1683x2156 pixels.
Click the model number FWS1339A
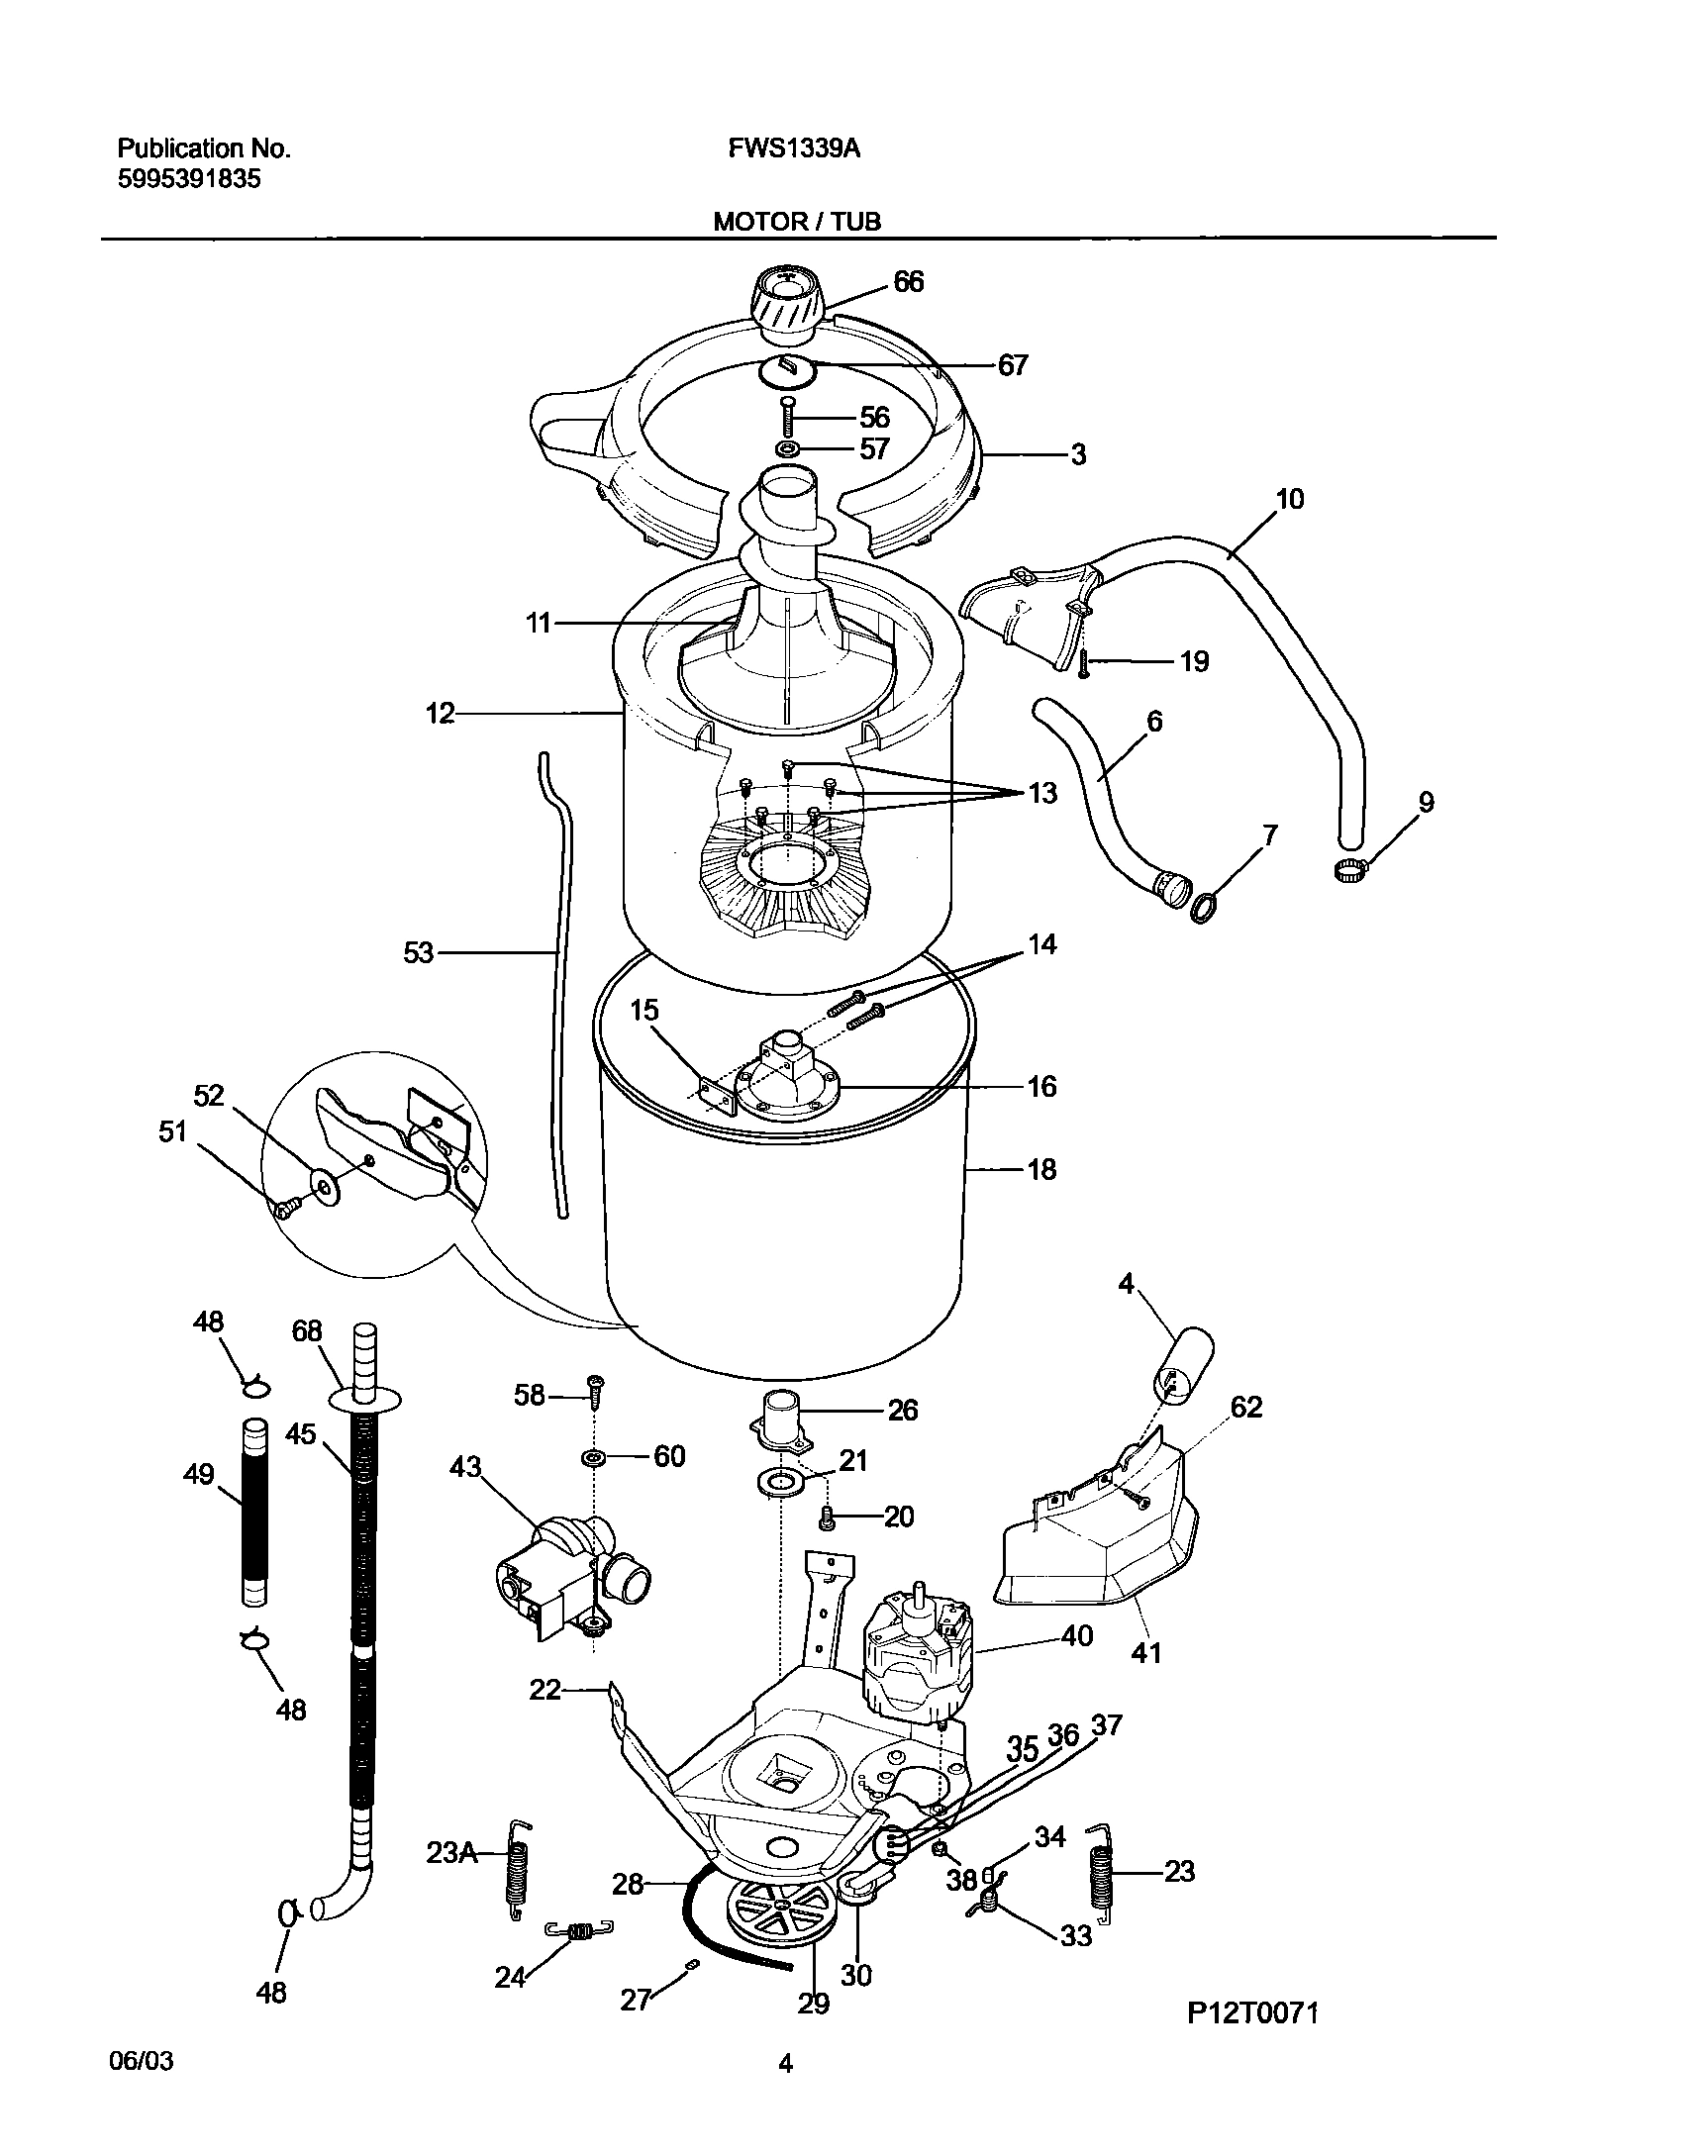pos(794,149)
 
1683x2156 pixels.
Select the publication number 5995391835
pos(189,179)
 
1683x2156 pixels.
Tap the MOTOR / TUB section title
pos(797,222)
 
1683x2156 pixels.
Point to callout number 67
pos(1012,365)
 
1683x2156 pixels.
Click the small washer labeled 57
pos(788,450)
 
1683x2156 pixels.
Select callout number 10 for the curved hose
pos(1289,499)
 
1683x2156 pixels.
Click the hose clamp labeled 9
pos(1348,870)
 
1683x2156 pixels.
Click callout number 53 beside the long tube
pos(419,952)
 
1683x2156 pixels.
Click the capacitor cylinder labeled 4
pos(1183,1367)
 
